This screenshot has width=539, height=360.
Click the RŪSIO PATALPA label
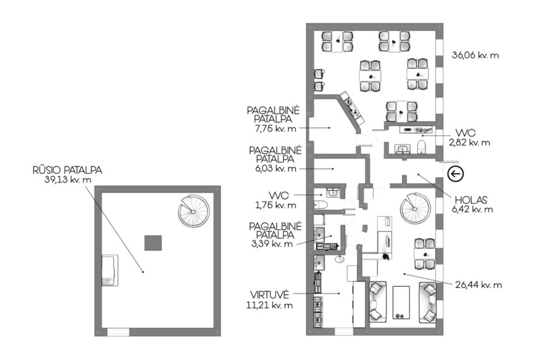tap(68, 170)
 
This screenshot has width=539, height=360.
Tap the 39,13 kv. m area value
tap(68, 179)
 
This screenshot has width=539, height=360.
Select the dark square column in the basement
tap(153, 243)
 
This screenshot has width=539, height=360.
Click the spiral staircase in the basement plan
tap(193, 211)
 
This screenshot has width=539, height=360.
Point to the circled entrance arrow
tap(456, 174)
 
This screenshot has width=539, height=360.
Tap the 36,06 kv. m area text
tap(475, 55)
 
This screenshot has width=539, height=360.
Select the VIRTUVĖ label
tap(269, 295)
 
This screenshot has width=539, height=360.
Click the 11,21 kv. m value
tap(269, 305)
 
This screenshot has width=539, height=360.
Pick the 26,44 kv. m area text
tap(478, 285)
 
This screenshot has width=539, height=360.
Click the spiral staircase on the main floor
tap(415, 208)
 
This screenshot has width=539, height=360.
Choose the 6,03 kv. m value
tap(274, 169)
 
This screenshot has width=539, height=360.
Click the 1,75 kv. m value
tap(275, 205)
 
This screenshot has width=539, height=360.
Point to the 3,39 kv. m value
tap(272, 244)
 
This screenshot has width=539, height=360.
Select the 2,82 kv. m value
tap(469, 142)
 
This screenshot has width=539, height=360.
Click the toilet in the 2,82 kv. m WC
tap(421, 147)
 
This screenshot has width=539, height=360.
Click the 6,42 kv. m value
tap(472, 209)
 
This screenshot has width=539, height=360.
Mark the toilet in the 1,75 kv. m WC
tap(321, 205)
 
